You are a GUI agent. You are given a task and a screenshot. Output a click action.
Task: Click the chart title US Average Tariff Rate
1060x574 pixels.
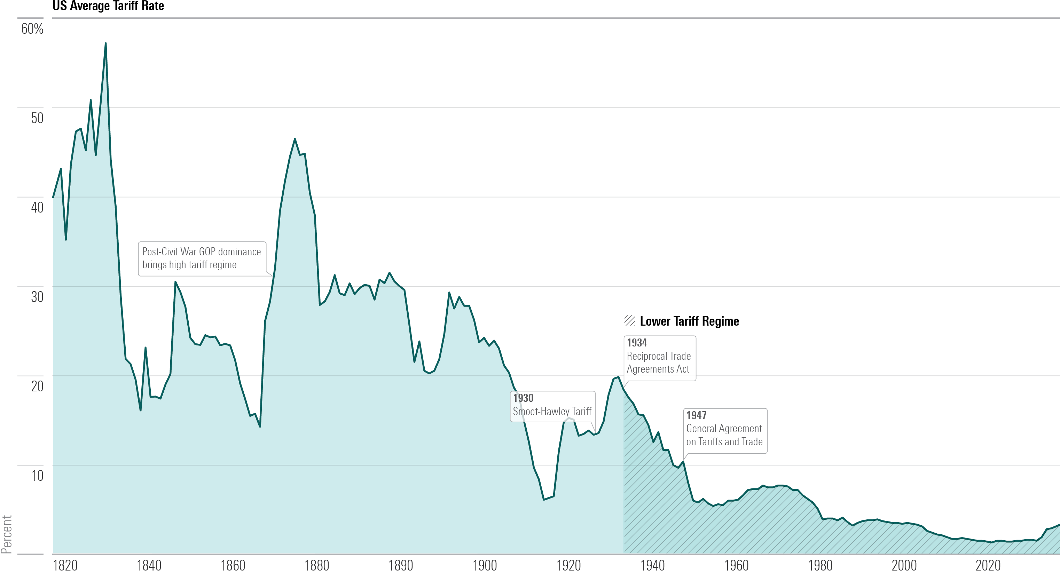pyautogui.click(x=108, y=6)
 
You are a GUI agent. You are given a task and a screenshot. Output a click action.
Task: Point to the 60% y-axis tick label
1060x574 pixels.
pyautogui.click(x=32, y=29)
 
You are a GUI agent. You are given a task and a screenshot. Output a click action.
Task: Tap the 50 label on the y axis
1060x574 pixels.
pyautogui.click(x=37, y=118)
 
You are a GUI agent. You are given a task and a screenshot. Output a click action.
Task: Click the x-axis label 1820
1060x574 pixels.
pyautogui.click(x=65, y=565)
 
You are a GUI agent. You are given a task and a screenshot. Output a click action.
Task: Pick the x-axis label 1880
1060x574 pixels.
pyautogui.click(x=316, y=565)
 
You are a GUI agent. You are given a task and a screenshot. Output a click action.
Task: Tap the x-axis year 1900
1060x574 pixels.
pyautogui.click(x=484, y=565)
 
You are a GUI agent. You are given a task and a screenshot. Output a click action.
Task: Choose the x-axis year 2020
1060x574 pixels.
pyautogui.click(x=988, y=565)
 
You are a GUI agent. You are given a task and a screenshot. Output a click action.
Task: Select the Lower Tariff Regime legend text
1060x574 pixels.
pyautogui.click(x=689, y=321)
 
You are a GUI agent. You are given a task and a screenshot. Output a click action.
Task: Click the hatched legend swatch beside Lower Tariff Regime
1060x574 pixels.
pyautogui.click(x=629, y=321)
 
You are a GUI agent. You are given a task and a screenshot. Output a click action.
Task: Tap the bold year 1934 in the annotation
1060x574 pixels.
pyautogui.click(x=637, y=343)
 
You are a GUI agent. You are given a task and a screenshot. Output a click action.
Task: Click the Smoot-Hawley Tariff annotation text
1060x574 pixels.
pyautogui.click(x=552, y=411)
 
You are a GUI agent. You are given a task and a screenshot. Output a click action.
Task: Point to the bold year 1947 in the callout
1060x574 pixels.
pyautogui.click(x=696, y=415)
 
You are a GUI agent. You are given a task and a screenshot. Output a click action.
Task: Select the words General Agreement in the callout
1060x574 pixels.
pyautogui.click(x=724, y=429)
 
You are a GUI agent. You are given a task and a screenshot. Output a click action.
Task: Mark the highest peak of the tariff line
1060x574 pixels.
pyautogui.click(x=105, y=43)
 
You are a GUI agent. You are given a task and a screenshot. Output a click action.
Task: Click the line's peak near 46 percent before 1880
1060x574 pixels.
pyautogui.click(x=295, y=139)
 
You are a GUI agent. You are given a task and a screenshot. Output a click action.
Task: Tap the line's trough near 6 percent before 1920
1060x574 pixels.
pyautogui.click(x=544, y=499)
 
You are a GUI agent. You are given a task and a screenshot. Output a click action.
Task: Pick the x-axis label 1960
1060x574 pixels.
pyautogui.click(x=736, y=565)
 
